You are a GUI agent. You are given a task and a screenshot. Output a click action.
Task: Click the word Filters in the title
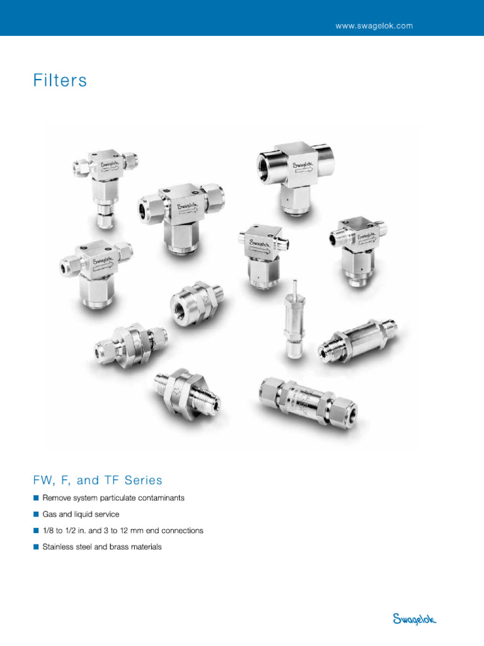click(60, 81)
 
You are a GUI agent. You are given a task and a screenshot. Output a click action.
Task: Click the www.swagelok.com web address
click(374, 26)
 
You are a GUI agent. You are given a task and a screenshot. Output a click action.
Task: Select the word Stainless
click(57, 547)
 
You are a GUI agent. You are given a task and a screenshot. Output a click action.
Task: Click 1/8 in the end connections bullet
click(49, 531)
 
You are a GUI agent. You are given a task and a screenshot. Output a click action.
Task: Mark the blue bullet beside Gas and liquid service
click(36, 514)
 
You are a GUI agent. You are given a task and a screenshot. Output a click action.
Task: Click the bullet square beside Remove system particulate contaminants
click(36, 498)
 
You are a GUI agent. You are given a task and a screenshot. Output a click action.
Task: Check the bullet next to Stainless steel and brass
click(36, 547)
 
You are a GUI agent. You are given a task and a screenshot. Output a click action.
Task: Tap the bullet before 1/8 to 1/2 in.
click(36, 531)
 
